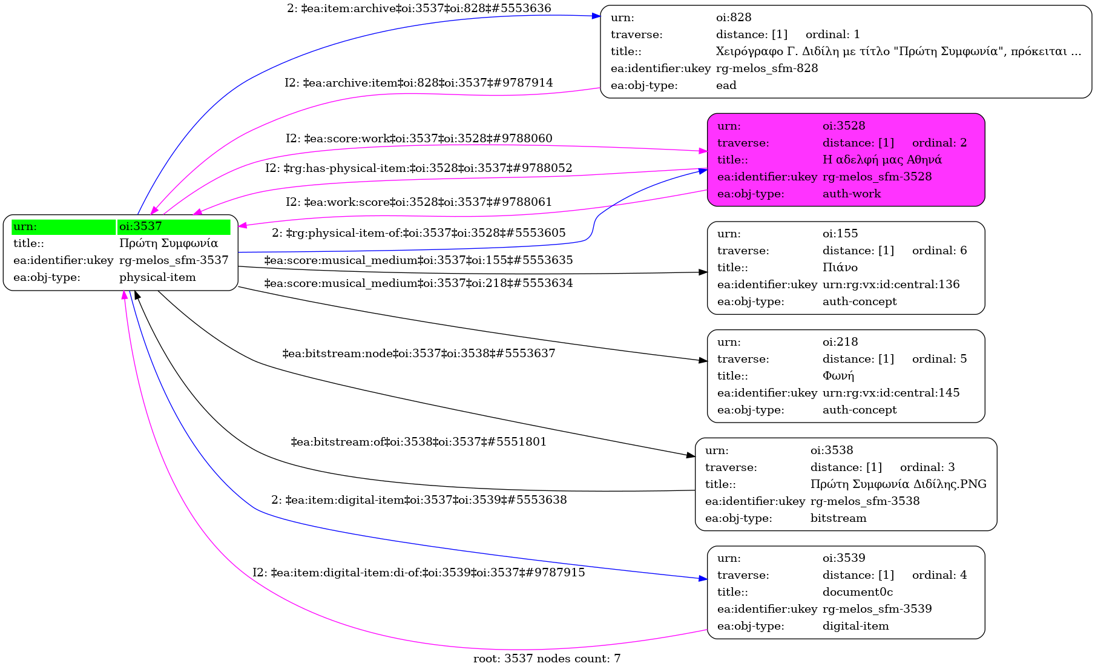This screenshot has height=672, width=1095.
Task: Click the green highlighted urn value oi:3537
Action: click(140, 226)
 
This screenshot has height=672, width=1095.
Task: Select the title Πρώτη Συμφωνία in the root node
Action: click(168, 243)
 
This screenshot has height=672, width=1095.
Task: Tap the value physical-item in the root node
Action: click(157, 277)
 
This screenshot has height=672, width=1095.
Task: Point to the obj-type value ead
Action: click(726, 85)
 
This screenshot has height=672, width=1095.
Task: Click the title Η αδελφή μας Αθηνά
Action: click(882, 160)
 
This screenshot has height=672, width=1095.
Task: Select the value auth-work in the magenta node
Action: click(852, 194)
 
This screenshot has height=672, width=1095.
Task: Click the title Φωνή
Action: click(838, 376)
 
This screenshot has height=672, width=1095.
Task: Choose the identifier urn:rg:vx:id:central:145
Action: click(891, 393)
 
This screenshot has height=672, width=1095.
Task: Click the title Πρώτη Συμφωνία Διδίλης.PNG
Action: click(898, 484)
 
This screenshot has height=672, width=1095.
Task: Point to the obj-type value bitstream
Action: click(838, 518)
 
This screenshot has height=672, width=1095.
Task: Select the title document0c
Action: click(858, 592)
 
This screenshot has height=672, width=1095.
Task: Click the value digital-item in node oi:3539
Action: click(856, 626)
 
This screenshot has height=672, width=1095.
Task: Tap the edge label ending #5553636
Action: click(419, 8)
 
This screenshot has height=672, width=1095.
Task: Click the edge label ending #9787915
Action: click(419, 573)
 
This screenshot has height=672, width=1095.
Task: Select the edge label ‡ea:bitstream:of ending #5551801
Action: click(419, 442)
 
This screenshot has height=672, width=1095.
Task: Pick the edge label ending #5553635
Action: click(419, 260)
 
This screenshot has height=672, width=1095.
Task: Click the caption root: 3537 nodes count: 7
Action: click(547, 659)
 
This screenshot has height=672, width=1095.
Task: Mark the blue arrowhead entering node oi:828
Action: click(596, 16)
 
